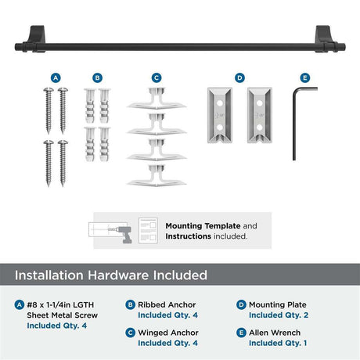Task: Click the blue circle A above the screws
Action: pos(56,77)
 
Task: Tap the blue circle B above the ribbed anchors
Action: pos(97,77)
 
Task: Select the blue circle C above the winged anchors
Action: pos(157,77)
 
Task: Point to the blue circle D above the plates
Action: pos(239,77)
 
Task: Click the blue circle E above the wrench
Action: pos(304,77)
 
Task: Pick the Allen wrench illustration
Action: pos(294,123)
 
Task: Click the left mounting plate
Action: pos(220,115)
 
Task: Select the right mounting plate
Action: pos(260,115)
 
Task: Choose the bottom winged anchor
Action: pos(157,175)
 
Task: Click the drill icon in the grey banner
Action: pos(124,234)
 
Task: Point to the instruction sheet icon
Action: pos(148,231)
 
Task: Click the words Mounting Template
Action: pos(203,226)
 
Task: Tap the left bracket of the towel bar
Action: pos(38,38)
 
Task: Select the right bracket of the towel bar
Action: pos(323,38)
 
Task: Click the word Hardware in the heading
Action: pos(119,275)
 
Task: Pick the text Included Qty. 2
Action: pos(279,315)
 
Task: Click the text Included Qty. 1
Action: pos(278,343)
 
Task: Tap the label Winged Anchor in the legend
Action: pos(168,333)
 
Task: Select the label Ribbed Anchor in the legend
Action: pos(167,304)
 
